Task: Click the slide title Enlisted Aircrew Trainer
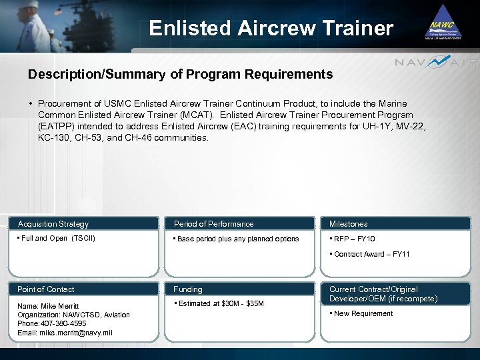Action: [x=271, y=28]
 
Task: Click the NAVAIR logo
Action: [x=436, y=63]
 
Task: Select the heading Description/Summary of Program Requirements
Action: [x=180, y=75]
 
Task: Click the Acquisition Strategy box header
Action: [x=53, y=224]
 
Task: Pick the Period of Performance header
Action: [x=213, y=224]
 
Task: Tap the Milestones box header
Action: [x=348, y=224]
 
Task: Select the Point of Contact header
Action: [x=46, y=289]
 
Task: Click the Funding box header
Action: [x=188, y=289]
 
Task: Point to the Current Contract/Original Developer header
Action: [x=383, y=294]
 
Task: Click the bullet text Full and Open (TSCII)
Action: [x=56, y=239]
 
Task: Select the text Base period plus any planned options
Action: [x=237, y=239]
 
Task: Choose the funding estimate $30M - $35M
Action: [x=220, y=304]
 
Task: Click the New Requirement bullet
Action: [x=363, y=314]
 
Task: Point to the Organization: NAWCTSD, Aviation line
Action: [x=73, y=315]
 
